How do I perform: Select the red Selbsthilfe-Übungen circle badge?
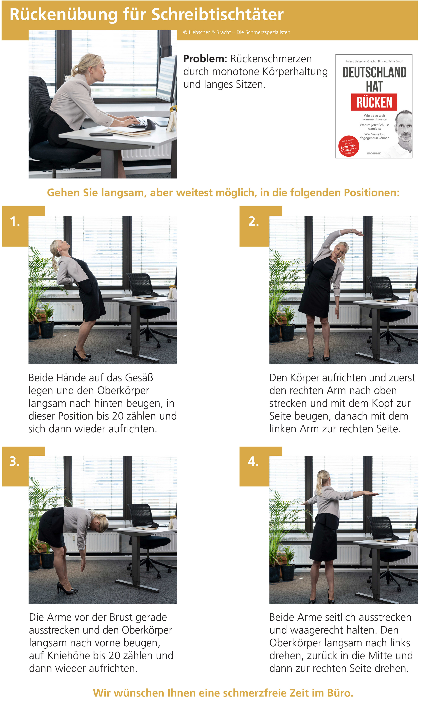tap(349, 146)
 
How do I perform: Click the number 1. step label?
tap(15, 221)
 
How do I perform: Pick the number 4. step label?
tap(253, 461)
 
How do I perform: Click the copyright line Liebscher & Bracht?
tap(237, 32)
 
